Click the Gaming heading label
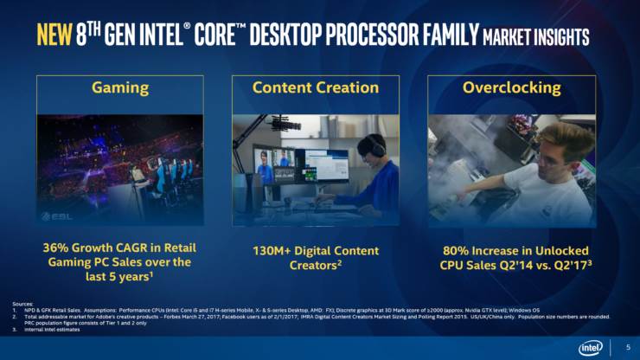click(x=120, y=87)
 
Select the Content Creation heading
click(x=316, y=87)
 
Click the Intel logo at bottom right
click(x=591, y=346)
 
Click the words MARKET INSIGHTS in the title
click(x=535, y=37)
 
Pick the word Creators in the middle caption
click(x=315, y=265)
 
